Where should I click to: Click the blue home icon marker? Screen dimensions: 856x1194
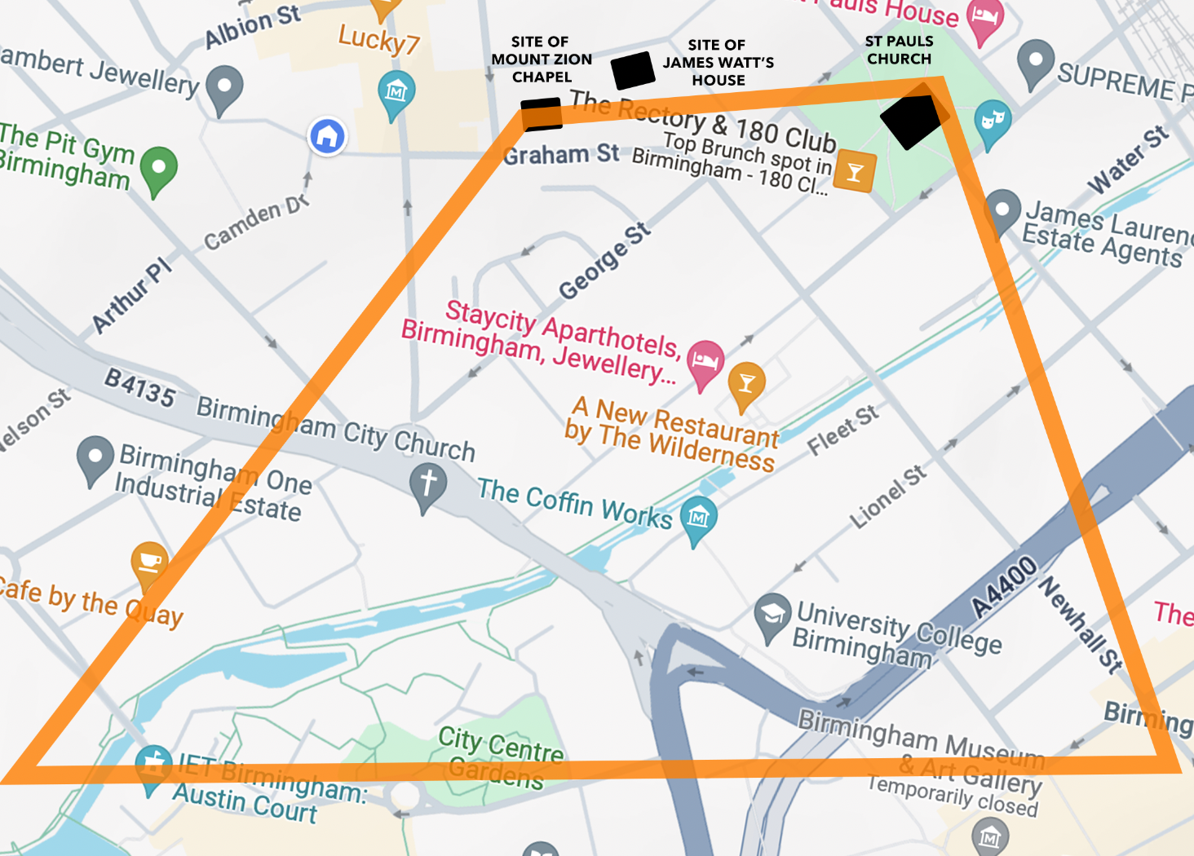click(327, 136)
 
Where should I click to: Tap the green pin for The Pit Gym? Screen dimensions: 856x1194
click(159, 169)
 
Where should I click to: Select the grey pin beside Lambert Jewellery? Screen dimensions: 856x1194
click(224, 87)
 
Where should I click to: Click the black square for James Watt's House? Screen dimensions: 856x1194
click(633, 70)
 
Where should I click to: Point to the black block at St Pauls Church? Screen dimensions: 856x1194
click(913, 121)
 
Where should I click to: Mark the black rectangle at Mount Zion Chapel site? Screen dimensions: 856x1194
click(542, 114)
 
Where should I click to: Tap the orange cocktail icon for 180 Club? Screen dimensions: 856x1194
click(855, 171)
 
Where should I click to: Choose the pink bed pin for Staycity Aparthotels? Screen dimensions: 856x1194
click(705, 362)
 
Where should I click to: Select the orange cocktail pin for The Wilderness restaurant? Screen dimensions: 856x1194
click(746, 384)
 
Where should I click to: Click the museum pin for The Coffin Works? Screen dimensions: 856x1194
click(699, 518)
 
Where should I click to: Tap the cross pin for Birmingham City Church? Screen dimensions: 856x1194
click(428, 484)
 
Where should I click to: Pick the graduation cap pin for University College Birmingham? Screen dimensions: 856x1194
click(772, 615)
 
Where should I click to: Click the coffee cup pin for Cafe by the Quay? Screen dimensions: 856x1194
click(150, 563)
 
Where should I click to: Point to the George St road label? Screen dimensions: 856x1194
click(604, 260)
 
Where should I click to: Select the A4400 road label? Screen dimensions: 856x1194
click(1004, 587)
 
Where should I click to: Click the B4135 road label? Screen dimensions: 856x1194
click(139, 387)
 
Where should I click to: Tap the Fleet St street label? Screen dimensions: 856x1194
click(842, 430)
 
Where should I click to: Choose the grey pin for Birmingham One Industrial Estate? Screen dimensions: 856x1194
click(95, 457)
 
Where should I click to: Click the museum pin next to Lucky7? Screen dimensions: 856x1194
click(396, 92)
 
